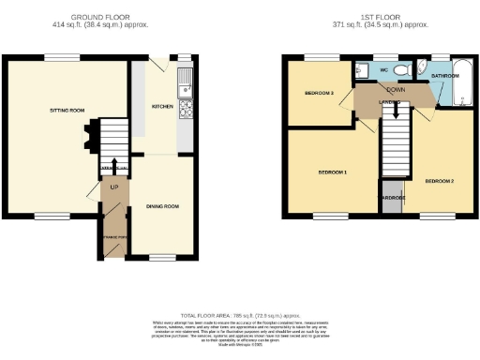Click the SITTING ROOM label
[67, 111]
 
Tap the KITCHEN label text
[163, 107]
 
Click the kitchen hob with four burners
[186, 110]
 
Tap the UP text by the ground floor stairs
[114, 187]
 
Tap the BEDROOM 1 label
[333, 174]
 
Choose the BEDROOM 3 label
[320, 93]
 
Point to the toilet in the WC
[400, 70]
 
